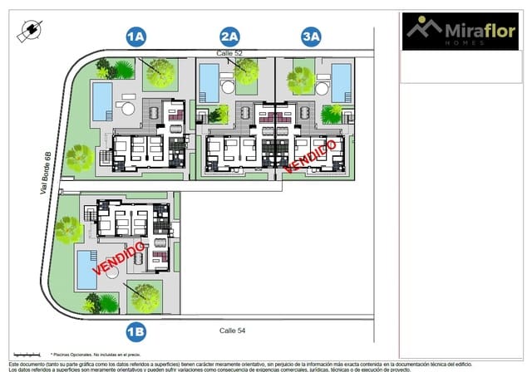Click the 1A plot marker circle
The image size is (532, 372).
coord(135,37)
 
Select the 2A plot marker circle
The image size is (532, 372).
coord(229,37)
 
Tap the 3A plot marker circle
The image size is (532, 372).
coord(312,37)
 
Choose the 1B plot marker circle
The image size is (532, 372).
coord(135,332)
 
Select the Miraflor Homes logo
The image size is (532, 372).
coord(460,32)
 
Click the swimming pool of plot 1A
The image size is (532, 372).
coord(102,100)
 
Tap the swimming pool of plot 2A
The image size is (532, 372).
coord(209,83)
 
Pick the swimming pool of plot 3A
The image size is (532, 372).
coord(342,83)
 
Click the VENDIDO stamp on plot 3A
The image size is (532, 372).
coord(311,156)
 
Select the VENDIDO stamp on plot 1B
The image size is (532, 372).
coord(121,257)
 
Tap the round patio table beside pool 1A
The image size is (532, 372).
coord(128,108)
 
